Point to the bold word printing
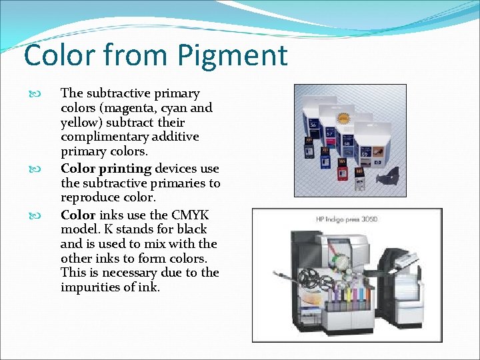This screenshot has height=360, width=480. (x=126, y=169)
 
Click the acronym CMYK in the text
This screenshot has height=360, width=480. (x=189, y=215)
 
